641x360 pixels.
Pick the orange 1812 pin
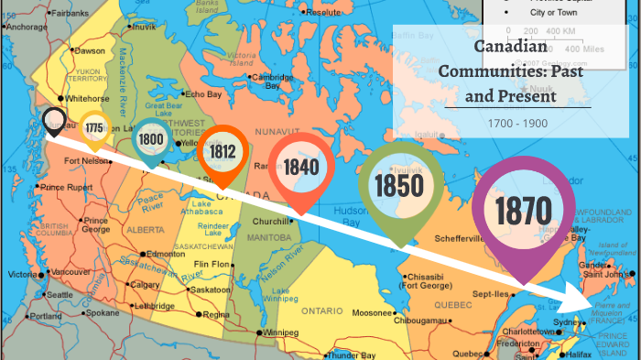223,151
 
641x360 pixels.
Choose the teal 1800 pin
151,140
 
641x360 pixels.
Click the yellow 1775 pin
94,128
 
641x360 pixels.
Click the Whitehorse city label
87,98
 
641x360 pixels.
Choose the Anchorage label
27,27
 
